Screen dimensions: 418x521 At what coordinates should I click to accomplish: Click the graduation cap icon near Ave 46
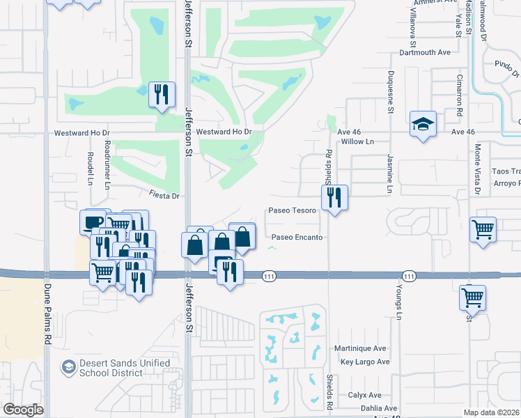point(423,124)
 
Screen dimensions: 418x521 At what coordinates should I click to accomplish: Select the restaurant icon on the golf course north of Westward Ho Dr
point(162,94)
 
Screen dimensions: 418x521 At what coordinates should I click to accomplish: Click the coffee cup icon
point(93,222)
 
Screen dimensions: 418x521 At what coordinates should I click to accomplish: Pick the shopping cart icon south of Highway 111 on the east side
point(472,297)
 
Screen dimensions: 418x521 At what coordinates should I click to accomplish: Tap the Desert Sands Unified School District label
point(125,368)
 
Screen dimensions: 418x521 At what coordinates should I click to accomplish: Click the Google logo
point(23,409)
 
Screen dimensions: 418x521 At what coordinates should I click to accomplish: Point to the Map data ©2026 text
point(492,412)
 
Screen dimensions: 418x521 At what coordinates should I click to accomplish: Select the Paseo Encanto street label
point(297,238)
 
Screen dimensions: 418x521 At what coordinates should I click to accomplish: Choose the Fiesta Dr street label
point(164,196)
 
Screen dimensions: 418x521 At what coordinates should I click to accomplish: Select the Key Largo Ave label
point(365,362)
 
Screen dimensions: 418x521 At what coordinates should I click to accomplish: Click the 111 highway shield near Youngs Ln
point(409,277)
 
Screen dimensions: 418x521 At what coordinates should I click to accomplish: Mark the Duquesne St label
point(391,91)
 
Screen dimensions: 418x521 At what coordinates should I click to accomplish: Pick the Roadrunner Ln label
point(107,173)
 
